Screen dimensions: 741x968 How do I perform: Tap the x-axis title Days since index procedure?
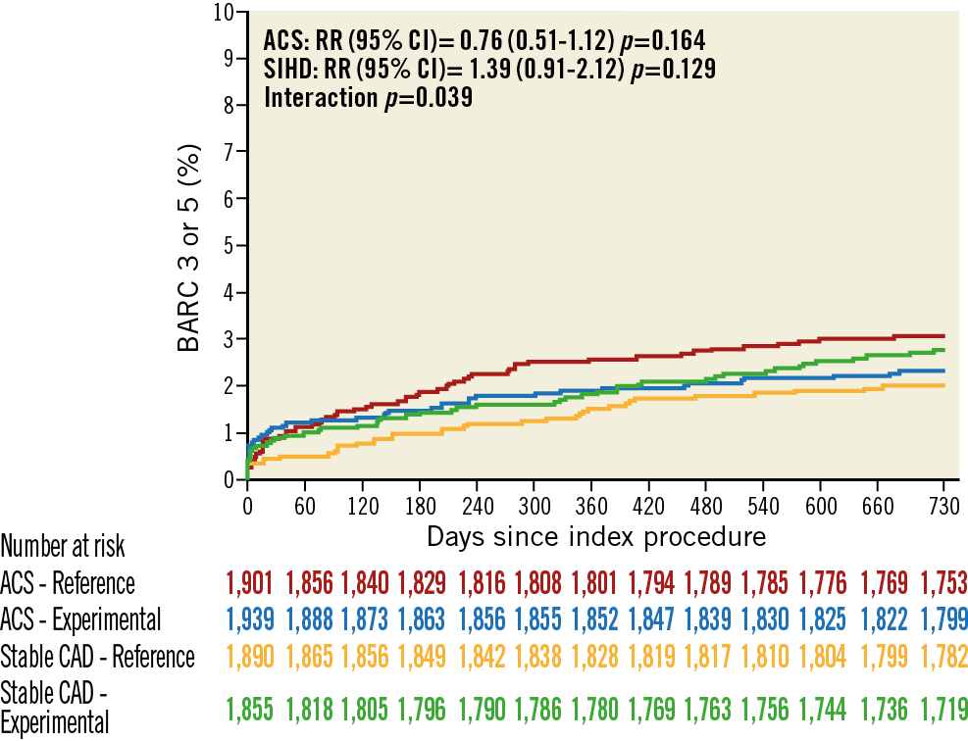596,537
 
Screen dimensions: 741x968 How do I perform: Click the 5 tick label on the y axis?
228,245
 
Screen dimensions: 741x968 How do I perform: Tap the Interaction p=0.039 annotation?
368,98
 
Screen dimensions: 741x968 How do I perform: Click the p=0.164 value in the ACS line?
668,42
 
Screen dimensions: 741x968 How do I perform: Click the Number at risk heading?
63,546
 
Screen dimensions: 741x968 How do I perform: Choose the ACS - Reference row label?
68,583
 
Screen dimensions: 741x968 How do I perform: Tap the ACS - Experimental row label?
80,619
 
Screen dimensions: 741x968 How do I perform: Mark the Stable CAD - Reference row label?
97,656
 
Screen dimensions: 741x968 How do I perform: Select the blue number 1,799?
943,619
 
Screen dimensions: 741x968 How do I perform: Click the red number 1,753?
943,583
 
